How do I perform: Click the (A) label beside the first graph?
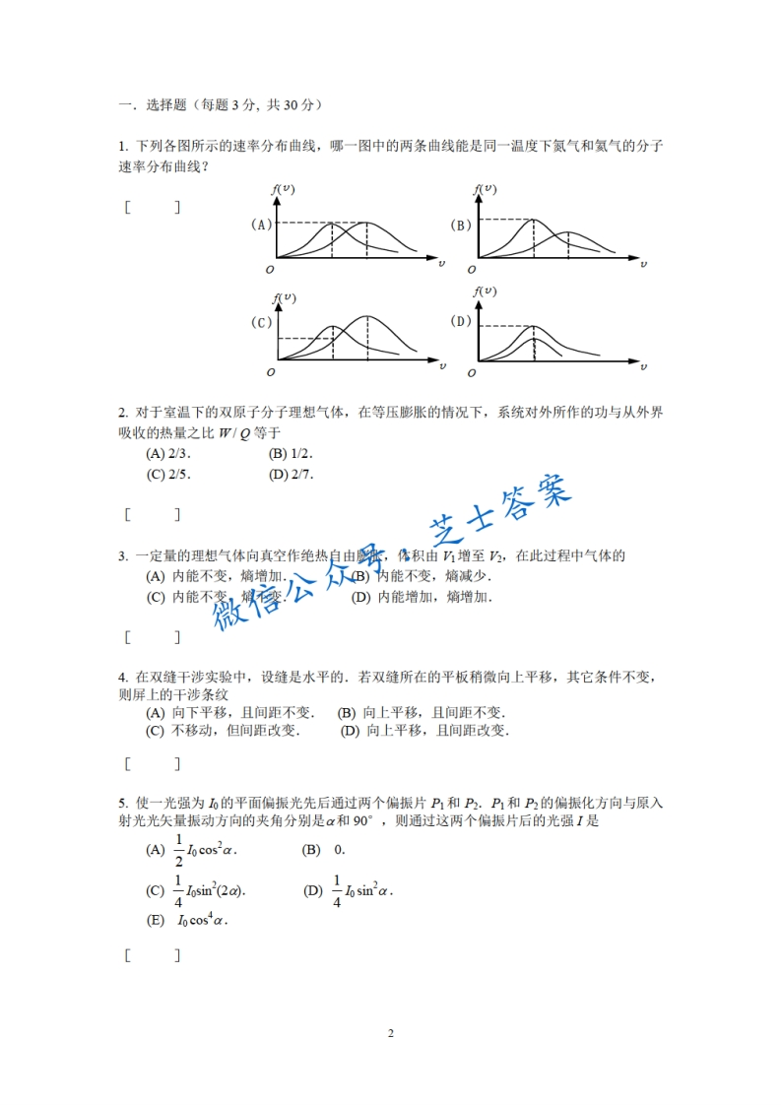pyautogui.click(x=261, y=225)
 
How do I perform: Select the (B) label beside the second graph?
pyautogui.click(x=461, y=225)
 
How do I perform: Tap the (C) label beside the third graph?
pyautogui.click(x=261, y=322)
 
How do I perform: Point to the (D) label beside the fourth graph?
pyautogui.click(x=461, y=321)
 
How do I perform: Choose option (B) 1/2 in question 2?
pyautogui.click(x=290, y=454)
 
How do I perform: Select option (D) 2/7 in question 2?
pyautogui.click(x=290, y=474)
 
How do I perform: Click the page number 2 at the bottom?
pyautogui.click(x=391, y=1033)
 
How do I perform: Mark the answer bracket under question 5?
pyautogui.click(x=153, y=954)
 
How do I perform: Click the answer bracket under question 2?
pyautogui.click(x=153, y=513)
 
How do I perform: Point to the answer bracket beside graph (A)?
pyautogui.click(x=153, y=208)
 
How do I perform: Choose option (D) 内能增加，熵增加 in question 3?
pyautogui.click(x=421, y=597)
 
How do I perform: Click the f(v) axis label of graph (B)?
pyautogui.click(x=485, y=188)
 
